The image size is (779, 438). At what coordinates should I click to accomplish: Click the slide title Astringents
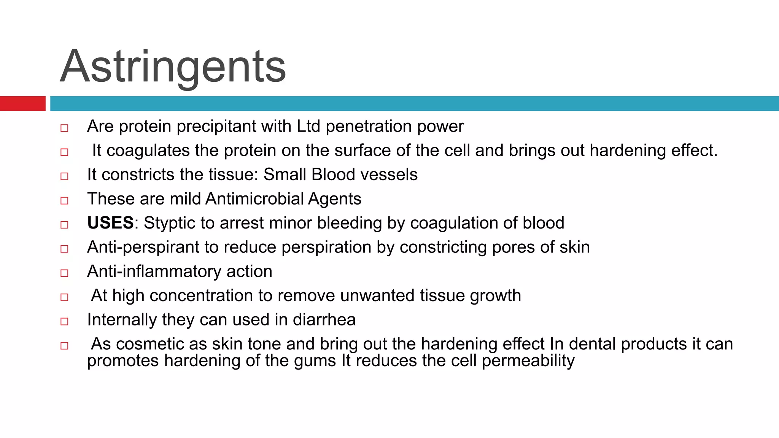pos(173,67)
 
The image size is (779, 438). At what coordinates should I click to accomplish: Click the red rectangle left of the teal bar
pos(22,103)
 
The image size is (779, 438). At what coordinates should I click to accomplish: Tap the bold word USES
pos(110,223)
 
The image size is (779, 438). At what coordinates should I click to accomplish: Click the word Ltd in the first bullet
pos(308,126)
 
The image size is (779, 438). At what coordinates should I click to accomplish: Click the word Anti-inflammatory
pos(154,271)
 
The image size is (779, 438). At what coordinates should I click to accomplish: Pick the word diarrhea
pos(324,320)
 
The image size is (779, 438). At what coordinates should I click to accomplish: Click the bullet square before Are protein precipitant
pos(64,128)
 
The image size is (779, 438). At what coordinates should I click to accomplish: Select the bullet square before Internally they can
pos(64,321)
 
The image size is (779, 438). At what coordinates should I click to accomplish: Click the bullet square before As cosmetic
pos(64,346)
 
